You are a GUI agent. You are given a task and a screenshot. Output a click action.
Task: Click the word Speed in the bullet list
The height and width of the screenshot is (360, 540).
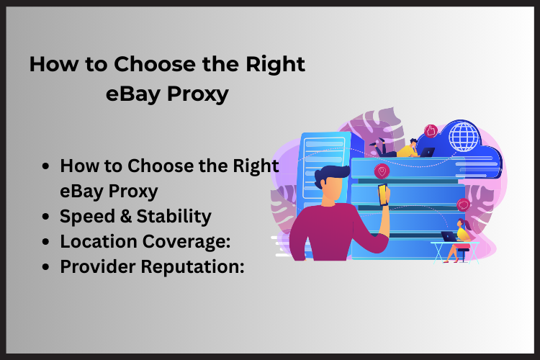tap(87, 217)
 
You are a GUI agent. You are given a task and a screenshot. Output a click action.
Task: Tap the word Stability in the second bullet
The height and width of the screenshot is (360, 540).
tap(174, 217)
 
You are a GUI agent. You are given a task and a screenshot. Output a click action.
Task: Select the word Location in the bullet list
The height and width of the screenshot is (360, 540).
tap(99, 241)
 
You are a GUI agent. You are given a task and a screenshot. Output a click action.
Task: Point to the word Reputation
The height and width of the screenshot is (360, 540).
tap(192, 266)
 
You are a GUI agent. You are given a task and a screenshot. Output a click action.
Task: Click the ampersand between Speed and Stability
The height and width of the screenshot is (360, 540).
tap(126, 216)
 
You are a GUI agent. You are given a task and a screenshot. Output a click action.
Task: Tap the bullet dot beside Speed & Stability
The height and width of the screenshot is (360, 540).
tap(45, 217)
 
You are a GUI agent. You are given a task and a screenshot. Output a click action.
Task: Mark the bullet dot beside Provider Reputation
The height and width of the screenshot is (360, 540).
tap(45, 267)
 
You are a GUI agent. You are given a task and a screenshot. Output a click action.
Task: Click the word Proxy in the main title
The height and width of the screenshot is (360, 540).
tap(198, 94)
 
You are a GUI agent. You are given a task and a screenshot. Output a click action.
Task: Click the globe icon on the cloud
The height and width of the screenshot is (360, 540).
tap(464, 136)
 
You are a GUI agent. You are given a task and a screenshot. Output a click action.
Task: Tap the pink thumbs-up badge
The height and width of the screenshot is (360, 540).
tap(431, 131)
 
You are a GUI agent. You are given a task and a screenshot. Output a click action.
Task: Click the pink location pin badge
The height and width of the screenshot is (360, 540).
tap(382, 171)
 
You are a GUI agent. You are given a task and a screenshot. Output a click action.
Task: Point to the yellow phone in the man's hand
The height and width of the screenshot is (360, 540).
tap(383, 194)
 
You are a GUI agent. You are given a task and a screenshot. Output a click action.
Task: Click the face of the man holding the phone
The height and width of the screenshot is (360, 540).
tap(333, 190)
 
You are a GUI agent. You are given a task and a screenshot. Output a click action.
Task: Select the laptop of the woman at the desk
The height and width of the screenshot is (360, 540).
tap(449, 237)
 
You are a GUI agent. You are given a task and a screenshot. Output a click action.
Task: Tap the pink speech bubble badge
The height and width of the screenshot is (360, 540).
tap(463, 204)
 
